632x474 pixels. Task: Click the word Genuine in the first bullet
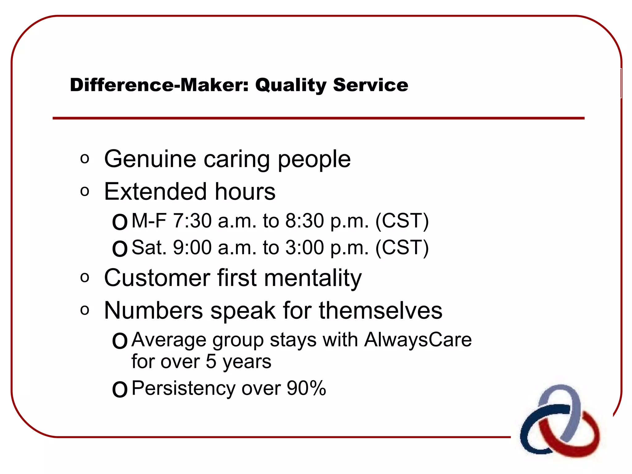tap(150, 159)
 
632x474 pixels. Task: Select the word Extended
tap(155, 192)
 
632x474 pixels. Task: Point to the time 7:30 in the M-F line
tap(192, 221)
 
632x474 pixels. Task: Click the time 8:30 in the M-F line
tap(304, 221)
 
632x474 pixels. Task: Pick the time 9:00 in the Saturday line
tap(192, 247)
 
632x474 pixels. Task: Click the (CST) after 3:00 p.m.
tap(402, 247)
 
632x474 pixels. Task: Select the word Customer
tap(157, 278)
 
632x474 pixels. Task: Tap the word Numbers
tap(153, 310)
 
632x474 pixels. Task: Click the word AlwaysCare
tap(418, 340)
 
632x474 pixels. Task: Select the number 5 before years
tap(211, 362)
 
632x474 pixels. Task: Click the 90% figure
tap(306, 388)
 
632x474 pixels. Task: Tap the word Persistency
tap(183, 388)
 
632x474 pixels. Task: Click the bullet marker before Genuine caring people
tap(85, 159)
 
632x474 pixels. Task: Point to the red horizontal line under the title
tap(318, 118)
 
